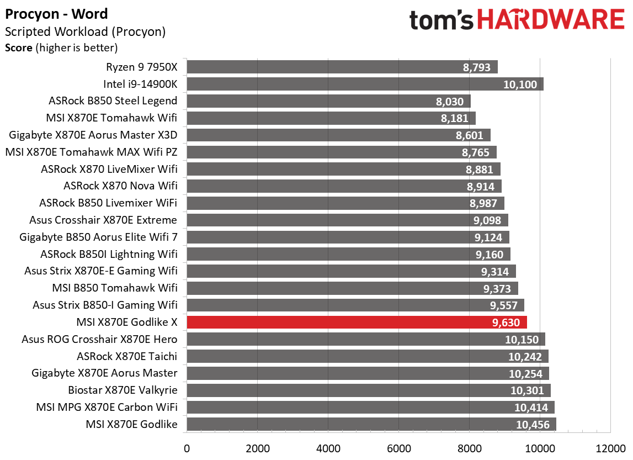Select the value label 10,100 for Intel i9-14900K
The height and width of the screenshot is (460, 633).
(x=521, y=84)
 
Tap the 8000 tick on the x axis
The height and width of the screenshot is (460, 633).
(x=470, y=447)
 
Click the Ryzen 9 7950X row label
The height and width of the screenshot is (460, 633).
(x=142, y=67)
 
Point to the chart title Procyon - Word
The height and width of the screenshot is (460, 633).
(x=56, y=14)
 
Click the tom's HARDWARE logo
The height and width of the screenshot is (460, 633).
(x=517, y=20)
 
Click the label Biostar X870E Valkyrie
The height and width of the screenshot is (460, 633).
(x=123, y=390)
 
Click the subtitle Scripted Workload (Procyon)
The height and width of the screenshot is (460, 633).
(x=85, y=32)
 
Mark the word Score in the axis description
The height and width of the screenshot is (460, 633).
(x=19, y=48)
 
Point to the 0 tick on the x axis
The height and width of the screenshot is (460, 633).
(x=187, y=447)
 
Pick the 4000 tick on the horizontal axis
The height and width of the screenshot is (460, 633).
(x=328, y=447)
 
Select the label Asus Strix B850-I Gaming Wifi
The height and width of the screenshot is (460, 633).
(x=105, y=305)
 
